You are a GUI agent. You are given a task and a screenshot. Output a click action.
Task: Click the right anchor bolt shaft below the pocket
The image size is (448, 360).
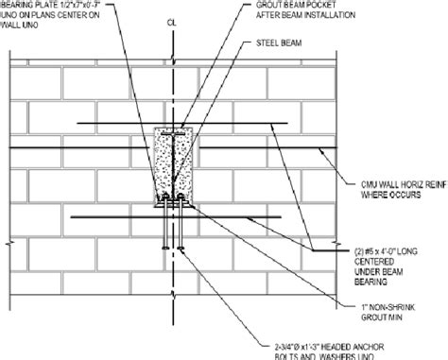[x=176, y=227]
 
